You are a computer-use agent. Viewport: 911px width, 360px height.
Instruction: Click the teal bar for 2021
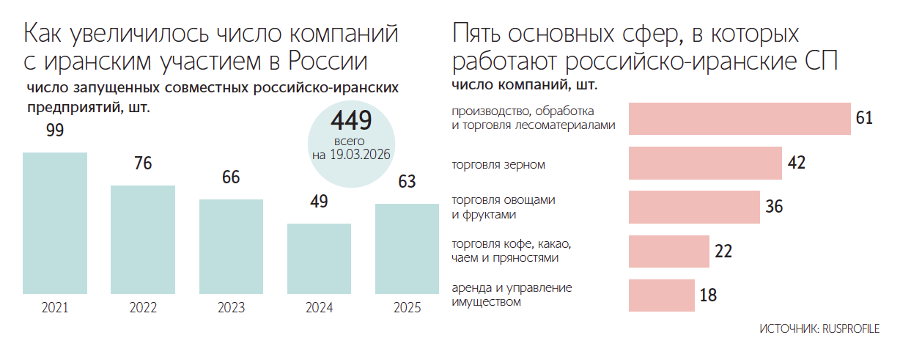point(55,223)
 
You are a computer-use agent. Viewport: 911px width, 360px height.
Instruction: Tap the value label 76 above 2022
point(143,164)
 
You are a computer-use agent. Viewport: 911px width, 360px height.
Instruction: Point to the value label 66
point(231,177)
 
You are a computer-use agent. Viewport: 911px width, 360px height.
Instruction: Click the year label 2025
point(407,309)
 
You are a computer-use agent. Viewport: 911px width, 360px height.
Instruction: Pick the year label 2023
point(231,309)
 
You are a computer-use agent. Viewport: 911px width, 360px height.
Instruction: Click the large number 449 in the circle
point(351,120)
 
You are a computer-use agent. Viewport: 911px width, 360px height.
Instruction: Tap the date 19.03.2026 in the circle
point(359,155)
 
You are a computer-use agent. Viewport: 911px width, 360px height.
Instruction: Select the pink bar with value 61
point(740,118)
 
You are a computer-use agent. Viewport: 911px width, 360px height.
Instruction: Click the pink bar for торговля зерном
point(705,163)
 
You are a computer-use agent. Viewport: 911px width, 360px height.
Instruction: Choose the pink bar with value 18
point(661,295)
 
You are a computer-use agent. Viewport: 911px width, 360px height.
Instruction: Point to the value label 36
point(774,207)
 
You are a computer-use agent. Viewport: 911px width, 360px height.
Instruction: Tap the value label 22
point(723,251)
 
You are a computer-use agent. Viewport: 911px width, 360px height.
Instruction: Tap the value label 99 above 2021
point(55,131)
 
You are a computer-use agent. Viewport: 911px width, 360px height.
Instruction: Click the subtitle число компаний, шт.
point(524,86)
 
